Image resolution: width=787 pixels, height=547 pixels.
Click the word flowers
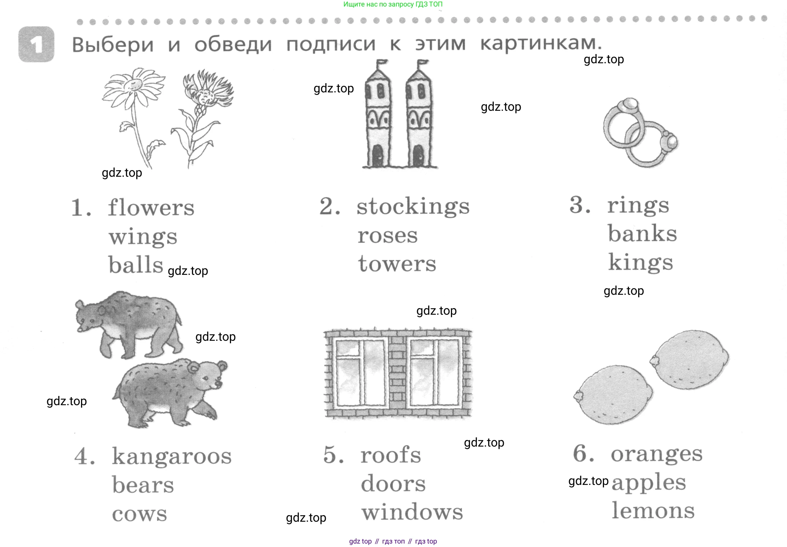tap(151, 208)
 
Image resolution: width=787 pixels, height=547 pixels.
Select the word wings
tap(143, 237)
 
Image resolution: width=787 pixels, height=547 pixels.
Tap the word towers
tap(397, 264)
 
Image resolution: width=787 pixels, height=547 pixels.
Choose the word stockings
tap(413, 207)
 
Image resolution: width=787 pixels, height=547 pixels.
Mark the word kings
tap(640, 263)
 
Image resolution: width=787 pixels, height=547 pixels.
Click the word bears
tap(143, 485)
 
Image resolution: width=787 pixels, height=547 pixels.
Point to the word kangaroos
tap(172, 457)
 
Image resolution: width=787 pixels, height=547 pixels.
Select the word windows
tap(412, 512)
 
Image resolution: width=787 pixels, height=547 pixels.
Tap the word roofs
tap(391, 455)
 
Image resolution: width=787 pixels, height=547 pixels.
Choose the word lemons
tap(653, 511)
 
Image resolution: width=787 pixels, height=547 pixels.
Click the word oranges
tap(657, 454)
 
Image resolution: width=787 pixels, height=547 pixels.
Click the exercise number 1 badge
tap(36, 44)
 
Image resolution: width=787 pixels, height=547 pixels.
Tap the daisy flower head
tap(132, 85)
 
